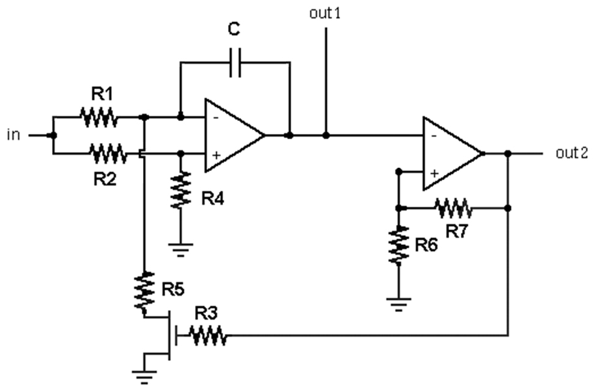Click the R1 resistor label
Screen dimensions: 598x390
(102, 94)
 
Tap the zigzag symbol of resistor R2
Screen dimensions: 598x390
(109, 153)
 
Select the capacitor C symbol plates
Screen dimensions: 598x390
(235, 62)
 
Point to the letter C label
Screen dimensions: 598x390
(234, 29)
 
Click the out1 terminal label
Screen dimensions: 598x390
(325, 14)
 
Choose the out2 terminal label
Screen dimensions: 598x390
(572, 153)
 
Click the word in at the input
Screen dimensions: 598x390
(14, 135)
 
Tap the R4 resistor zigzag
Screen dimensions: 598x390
(181, 190)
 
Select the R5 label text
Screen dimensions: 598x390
(173, 289)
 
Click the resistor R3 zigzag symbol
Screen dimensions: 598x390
(208, 335)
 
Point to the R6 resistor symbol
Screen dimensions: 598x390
(398, 245)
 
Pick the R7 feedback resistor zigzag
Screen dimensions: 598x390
(453, 208)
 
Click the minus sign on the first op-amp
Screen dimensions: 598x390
(216, 118)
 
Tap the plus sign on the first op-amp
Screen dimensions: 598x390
(216, 155)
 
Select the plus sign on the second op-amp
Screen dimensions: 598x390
(434, 174)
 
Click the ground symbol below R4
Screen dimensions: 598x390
(181, 250)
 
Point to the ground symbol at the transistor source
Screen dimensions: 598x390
(144, 376)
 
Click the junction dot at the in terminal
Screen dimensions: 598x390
(53, 135)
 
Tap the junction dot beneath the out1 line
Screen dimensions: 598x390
(326, 135)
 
